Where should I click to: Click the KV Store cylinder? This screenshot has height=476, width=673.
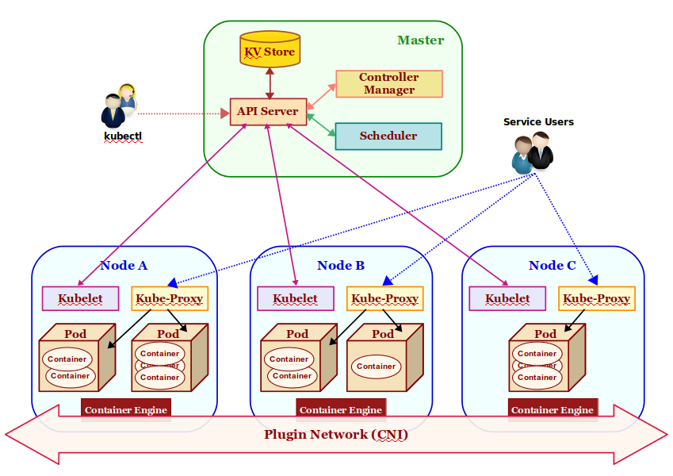tap(270, 50)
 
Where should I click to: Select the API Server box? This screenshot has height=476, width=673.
tap(267, 111)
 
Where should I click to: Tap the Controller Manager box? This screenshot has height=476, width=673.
tap(388, 83)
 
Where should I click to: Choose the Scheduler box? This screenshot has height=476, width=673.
tap(388, 136)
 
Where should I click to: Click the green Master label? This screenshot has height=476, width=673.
tap(420, 40)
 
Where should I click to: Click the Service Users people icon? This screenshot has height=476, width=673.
tap(532, 152)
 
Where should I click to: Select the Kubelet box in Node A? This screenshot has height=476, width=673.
tap(80, 299)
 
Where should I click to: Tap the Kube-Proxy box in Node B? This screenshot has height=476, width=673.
tap(384, 299)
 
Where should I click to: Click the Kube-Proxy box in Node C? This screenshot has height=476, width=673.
tap(596, 299)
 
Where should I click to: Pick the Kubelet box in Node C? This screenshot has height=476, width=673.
tap(507, 299)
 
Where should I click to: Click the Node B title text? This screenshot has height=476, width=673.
tap(341, 265)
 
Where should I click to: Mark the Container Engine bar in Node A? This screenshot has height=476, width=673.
tap(126, 409)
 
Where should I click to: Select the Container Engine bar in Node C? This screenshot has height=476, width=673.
tap(552, 409)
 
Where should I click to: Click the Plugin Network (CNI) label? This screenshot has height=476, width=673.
tap(336, 434)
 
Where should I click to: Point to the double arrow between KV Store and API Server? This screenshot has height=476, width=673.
tap(270, 83)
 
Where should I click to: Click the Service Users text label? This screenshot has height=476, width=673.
tap(538, 121)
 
